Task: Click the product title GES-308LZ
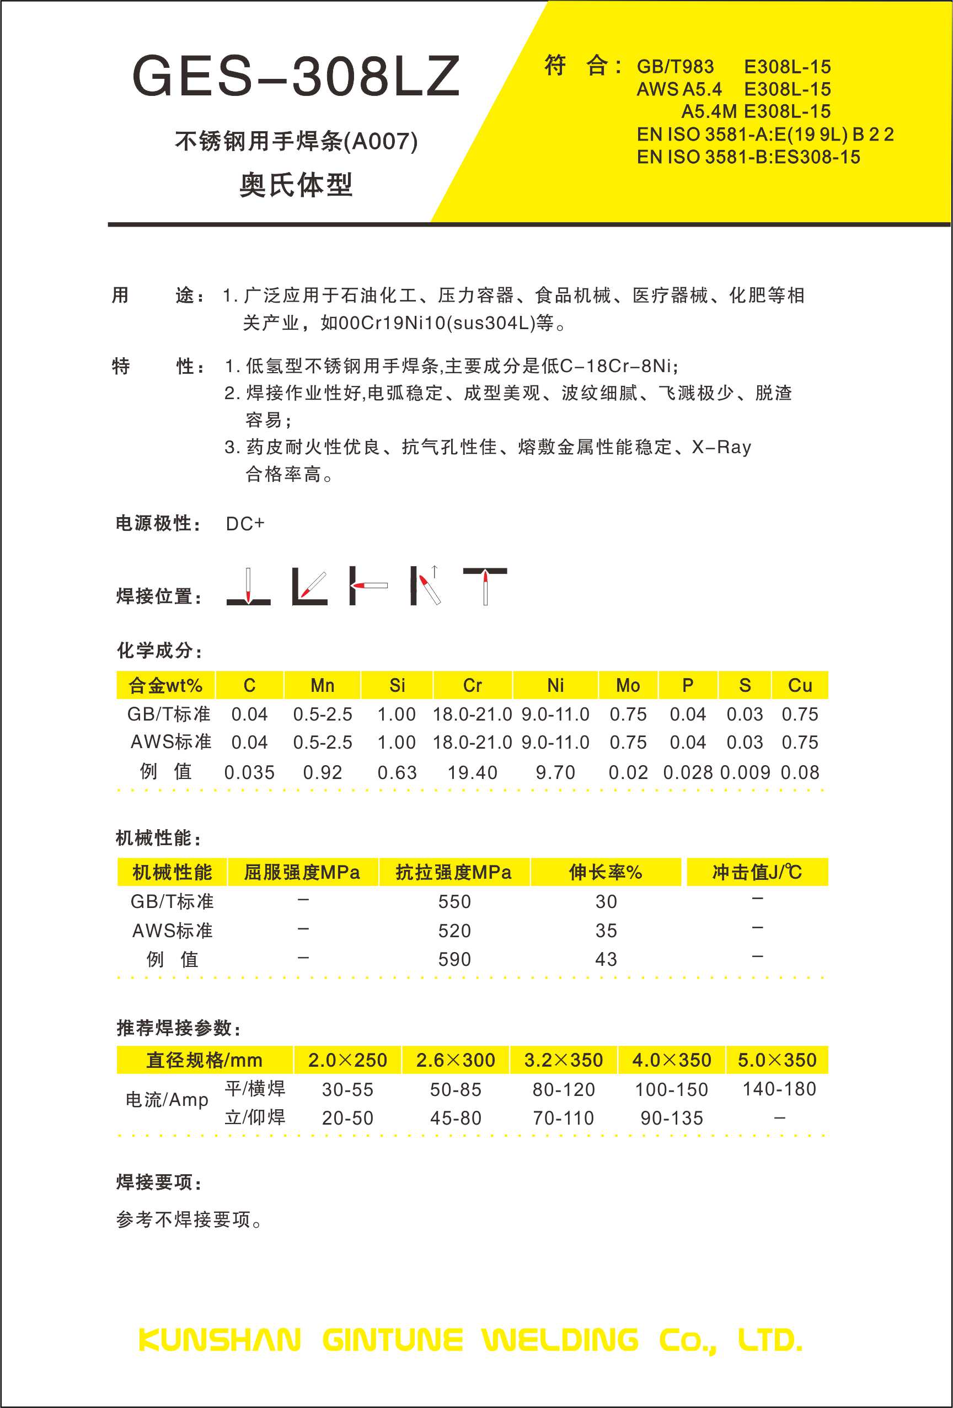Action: point(296,76)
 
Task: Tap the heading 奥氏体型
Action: point(296,184)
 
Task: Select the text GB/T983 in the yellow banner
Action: point(674,67)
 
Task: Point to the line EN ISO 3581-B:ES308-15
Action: point(748,158)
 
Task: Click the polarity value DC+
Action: point(245,524)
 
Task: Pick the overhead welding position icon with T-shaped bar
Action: point(485,586)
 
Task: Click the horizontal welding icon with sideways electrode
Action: point(367,586)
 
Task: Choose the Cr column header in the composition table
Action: point(472,685)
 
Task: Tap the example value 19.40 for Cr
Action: point(472,772)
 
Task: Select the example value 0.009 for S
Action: point(745,772)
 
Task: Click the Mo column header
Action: point(628,685)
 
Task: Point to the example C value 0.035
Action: point(249,772)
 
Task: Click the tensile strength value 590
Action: point(454,959)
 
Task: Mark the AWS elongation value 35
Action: point(606,931)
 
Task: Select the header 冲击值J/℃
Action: point(757,873)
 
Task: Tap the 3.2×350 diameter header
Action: point(563,1060)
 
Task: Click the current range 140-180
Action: point(779,1089)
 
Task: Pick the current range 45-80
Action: point(456,1118)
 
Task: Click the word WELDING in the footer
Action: point(560,1340)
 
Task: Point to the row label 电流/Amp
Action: point(167,1100)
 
